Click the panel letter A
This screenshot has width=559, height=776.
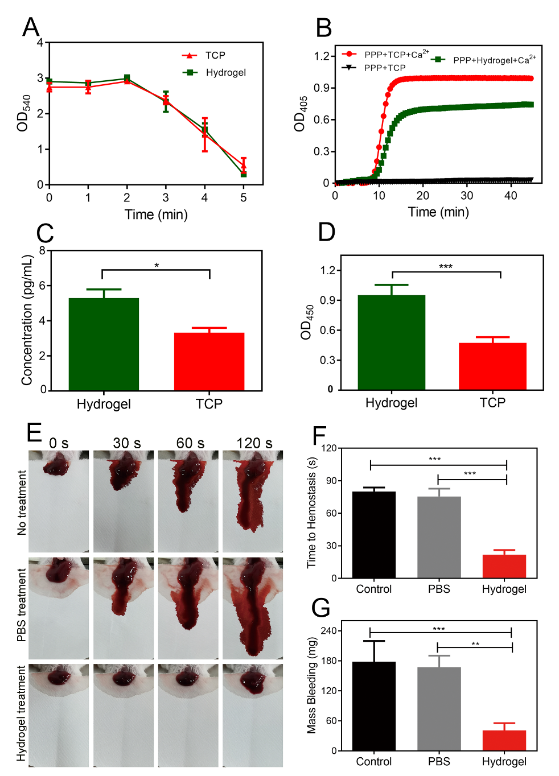point(31,27)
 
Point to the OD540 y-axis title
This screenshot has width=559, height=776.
point(23,113)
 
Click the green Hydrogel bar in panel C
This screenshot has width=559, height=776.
point(104,344)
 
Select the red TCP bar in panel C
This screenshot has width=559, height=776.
point(209,361)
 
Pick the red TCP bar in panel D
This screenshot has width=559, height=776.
point(492,366)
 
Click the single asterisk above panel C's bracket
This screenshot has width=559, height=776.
point(157,266)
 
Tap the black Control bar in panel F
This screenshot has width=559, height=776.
point(374,535)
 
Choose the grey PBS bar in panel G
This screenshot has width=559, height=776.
point(439,709)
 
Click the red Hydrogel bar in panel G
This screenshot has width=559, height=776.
point(504,740)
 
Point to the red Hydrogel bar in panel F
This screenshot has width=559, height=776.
point(504,566)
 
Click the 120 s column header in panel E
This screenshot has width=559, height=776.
point(254,443)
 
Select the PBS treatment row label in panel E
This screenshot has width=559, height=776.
point(22,605)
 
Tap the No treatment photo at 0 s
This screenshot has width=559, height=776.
point(59,501)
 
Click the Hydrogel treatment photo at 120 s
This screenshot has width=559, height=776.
point(253,715)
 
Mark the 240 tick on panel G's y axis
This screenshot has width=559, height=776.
point(328,631)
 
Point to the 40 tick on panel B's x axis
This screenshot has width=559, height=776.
point(511,196)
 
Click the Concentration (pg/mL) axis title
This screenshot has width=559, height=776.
point(27,320)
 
